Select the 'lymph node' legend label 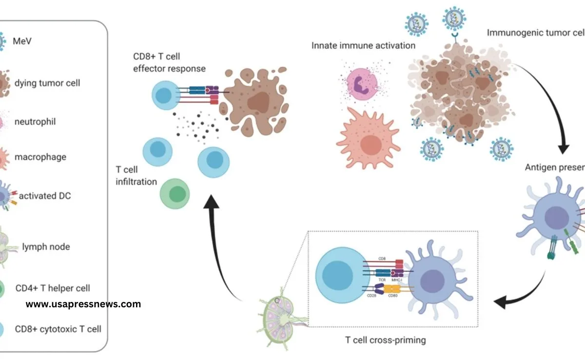coord(46,247)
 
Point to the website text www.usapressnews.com coord(83,304)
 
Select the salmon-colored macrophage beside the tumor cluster coord(368,138)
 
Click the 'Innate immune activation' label coord(364,46)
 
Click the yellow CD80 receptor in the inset coord(392,289)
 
